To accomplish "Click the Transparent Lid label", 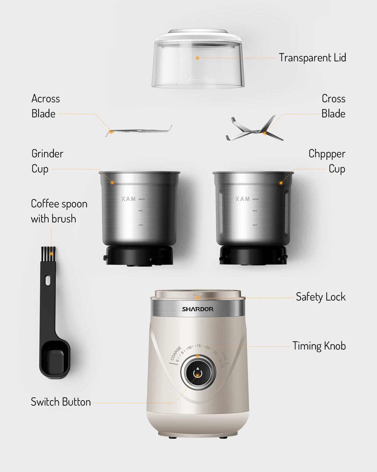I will pos(312,58).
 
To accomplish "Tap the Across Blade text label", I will pos(45,106).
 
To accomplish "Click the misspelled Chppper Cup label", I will pos(327,161).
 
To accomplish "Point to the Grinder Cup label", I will pos(47,161).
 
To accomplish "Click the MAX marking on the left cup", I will pos(129,199).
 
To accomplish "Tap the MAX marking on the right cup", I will pos(243,199).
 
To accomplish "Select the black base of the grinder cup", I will pos(139,256).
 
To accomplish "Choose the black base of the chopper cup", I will pos(253,256).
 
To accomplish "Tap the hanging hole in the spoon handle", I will pos(48,280).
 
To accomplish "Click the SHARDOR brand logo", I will pos(198,309).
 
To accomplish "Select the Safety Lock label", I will pos(320,297).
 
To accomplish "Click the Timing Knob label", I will pos(319,346).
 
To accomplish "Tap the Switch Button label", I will pos(61,402).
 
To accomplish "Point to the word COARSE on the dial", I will pos(176,353).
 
